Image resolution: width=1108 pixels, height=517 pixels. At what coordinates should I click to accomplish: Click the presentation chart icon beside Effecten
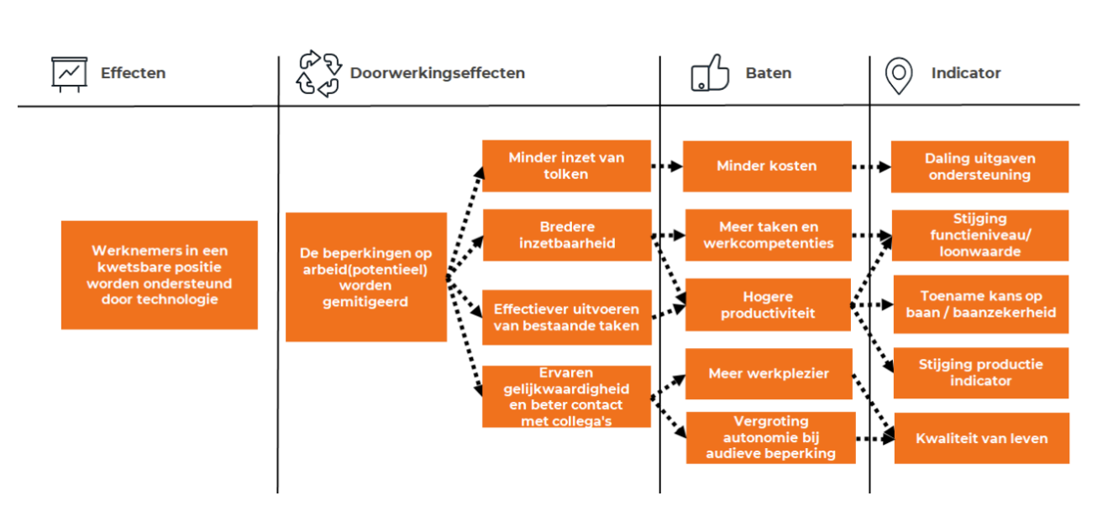[x=69, y=74]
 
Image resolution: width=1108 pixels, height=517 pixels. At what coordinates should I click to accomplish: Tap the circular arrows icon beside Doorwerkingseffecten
[x=318, y=73]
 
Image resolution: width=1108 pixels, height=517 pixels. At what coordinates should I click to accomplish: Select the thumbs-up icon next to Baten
[x=710, y=73]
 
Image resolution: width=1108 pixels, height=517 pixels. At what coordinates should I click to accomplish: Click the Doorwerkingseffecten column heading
[x=437, y=73]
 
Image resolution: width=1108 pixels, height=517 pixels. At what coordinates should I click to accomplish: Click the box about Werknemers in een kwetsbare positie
[x=160, y=275]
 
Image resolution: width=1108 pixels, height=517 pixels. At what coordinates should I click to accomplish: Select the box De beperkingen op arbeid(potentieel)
[x=365, y=277]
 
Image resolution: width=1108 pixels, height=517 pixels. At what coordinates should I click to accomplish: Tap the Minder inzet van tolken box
[x=566, y=166]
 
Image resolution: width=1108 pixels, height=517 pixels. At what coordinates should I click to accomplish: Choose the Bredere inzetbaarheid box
[x=566, y=235]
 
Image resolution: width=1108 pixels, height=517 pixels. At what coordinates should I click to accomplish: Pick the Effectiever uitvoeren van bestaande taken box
[x=566, y=317]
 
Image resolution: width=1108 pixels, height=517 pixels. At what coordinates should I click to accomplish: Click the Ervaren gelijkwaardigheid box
[x=566, y=396]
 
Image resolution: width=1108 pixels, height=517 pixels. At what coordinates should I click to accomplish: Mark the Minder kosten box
[x=766, y=166]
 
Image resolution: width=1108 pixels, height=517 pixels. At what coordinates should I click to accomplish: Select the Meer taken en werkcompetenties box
[x=769, y=235]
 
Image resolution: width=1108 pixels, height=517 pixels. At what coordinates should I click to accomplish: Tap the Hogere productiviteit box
[x=768, y=304]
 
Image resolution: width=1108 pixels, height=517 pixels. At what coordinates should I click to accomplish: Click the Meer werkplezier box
[x=769, y=373]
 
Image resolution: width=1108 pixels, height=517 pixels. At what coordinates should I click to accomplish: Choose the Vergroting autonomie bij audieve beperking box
[x=770, y=437]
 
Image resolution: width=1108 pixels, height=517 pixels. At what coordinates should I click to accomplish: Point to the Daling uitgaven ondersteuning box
[x=979, y=166]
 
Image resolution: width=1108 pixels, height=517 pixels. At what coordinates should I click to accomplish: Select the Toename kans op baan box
[x=980, y=304]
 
